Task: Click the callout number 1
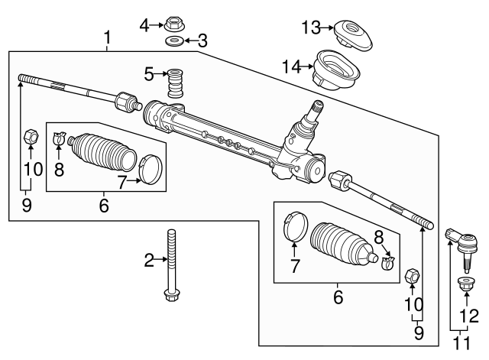pyautogui.click(x=107, y=37)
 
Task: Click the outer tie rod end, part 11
pyautogui.click(x=464, y=243)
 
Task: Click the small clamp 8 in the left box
pyautogui.click(x=59, y=140)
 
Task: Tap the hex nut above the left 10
pyautogui.click(x=31, y=138)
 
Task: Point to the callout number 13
pyautogui.click(x=309, y=28)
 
